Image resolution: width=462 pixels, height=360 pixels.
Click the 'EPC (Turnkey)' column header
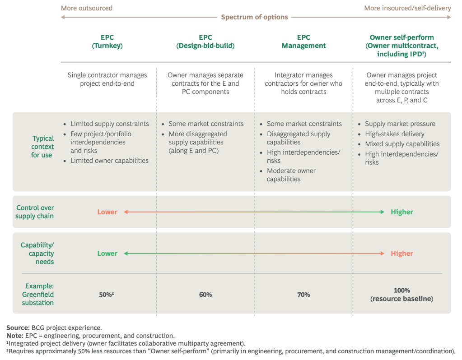(107, 42)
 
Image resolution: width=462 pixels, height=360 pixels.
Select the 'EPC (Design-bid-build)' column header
(205, 42)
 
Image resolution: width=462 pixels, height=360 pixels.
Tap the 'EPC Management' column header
(303, 42)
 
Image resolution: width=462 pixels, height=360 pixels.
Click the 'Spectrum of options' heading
(254, 17)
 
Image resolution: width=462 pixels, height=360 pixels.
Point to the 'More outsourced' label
(87, 8)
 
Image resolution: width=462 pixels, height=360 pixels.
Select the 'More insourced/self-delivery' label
(407, 8)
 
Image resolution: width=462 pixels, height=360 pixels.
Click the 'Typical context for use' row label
(42, 147)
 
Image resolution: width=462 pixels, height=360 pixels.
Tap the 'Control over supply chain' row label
(35, 212)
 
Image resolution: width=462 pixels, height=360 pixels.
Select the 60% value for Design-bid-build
(205, 295)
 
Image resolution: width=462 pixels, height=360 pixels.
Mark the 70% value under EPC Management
(303, 295)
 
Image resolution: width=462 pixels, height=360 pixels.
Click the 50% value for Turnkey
(107, 295)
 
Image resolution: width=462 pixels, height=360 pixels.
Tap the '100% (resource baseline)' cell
(401, 295)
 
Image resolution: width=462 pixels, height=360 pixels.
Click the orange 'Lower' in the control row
(107, 212)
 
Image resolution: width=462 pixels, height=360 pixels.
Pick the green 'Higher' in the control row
(402, 212)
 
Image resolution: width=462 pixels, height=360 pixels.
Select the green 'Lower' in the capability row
(107, 254)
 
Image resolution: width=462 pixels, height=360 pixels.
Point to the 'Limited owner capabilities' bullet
(109, 161)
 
